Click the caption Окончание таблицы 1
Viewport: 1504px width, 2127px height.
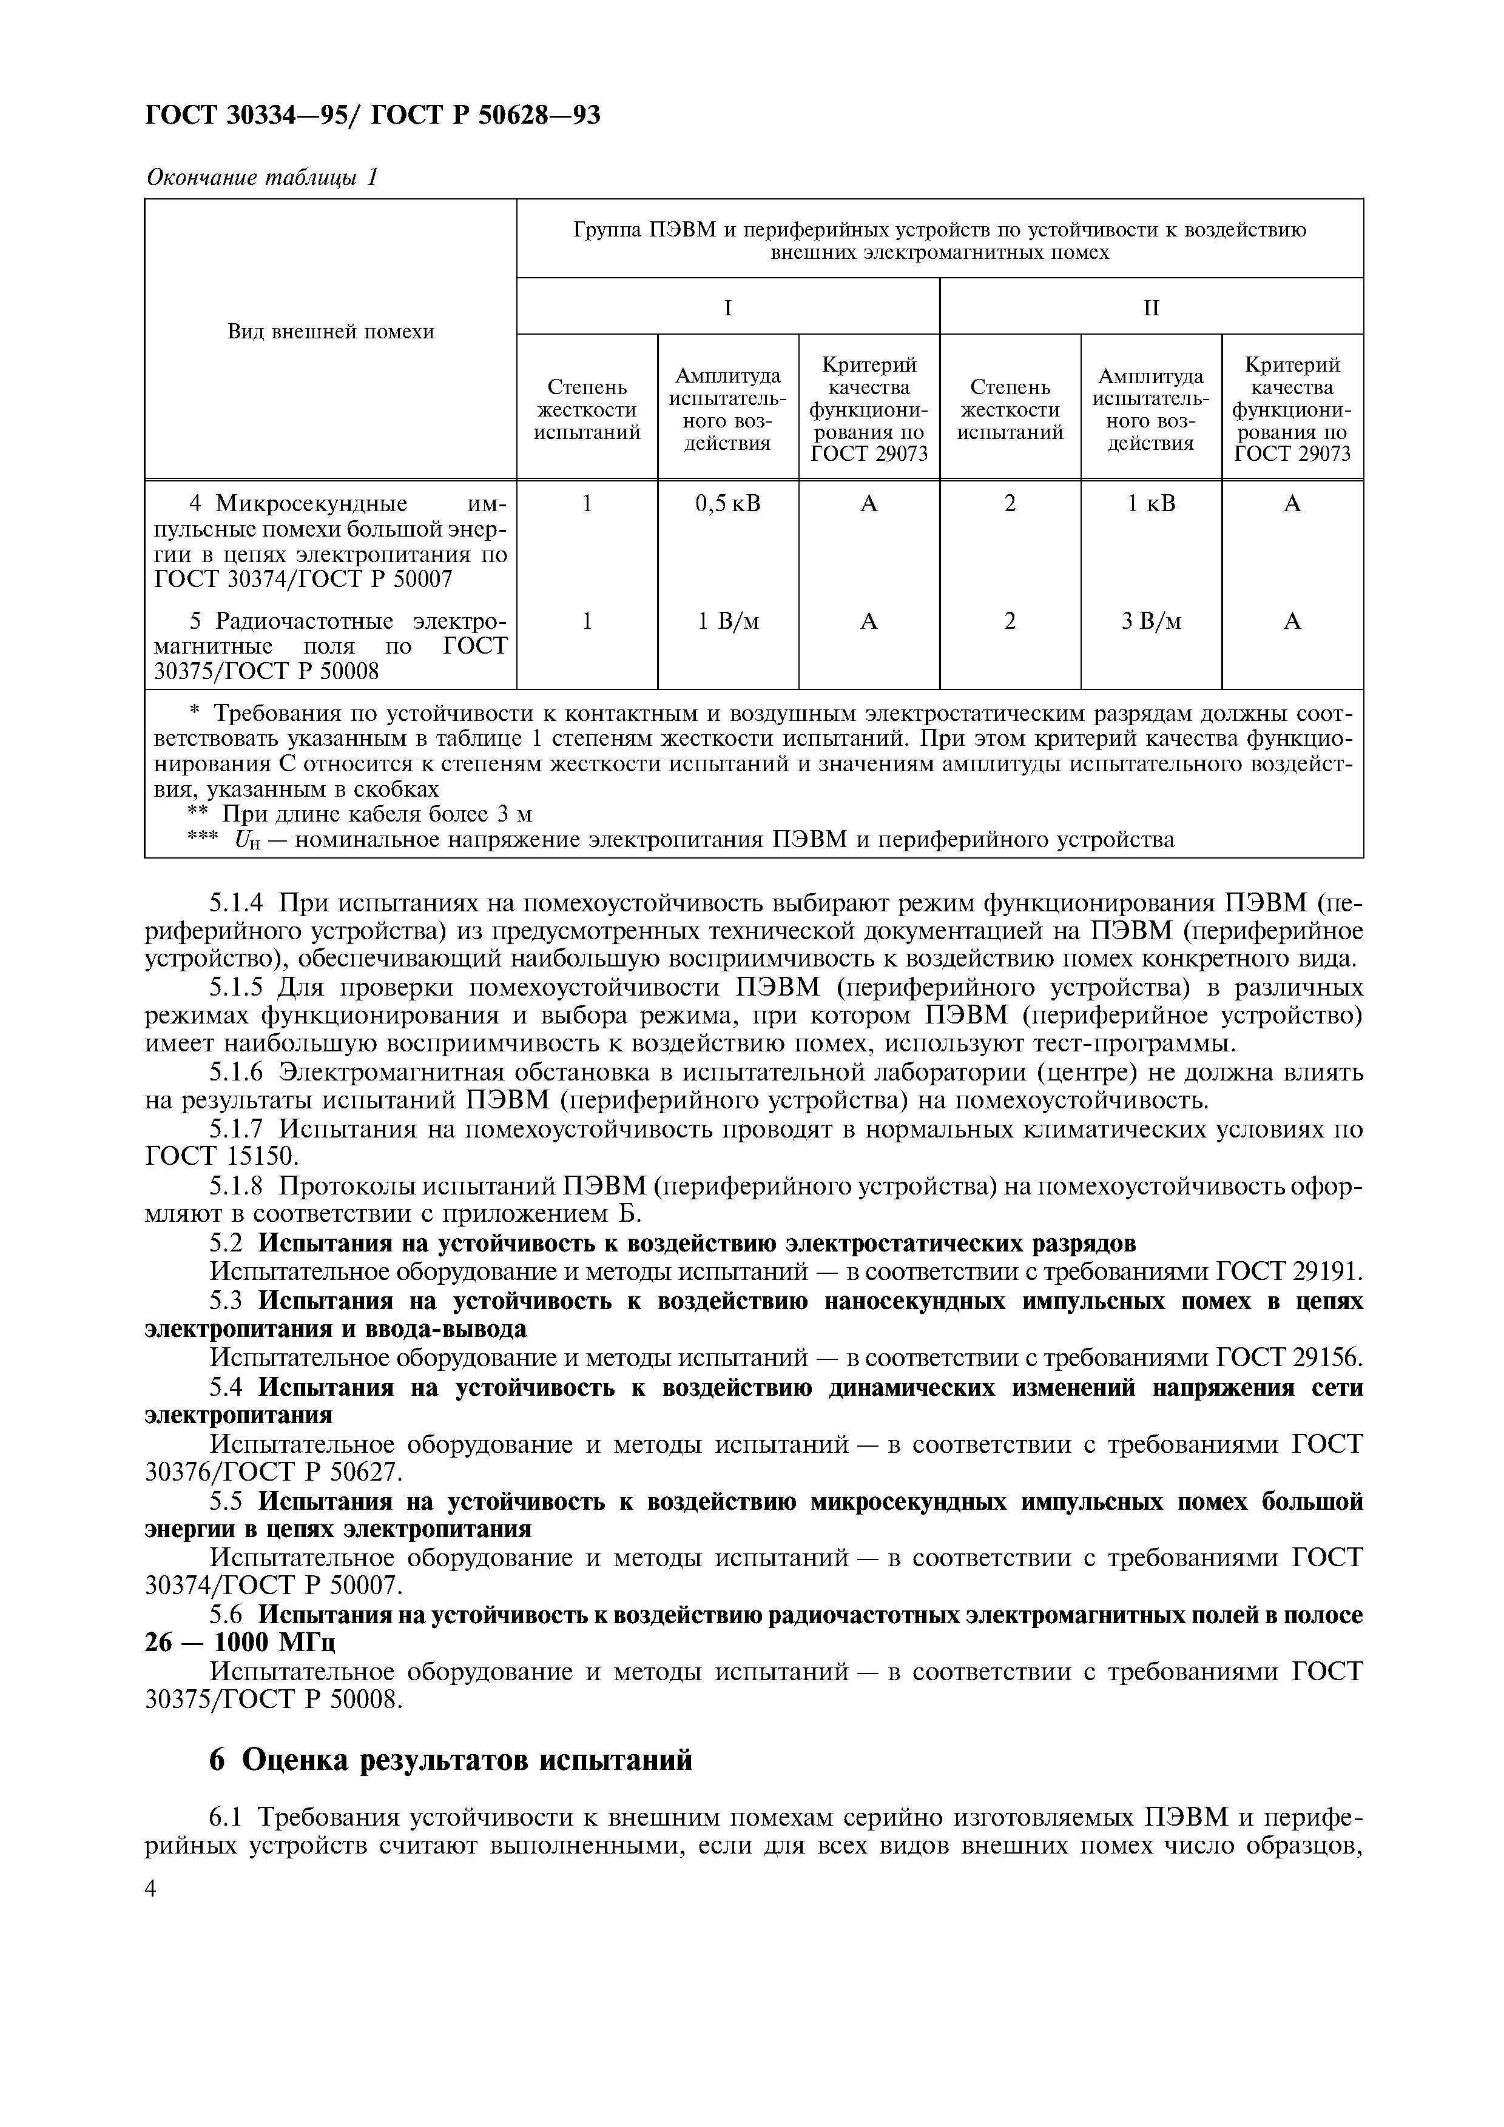pos(262,177)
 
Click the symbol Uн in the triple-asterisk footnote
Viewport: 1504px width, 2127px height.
pos(246,840)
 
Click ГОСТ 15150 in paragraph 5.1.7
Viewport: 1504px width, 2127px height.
pos(223,1156)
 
